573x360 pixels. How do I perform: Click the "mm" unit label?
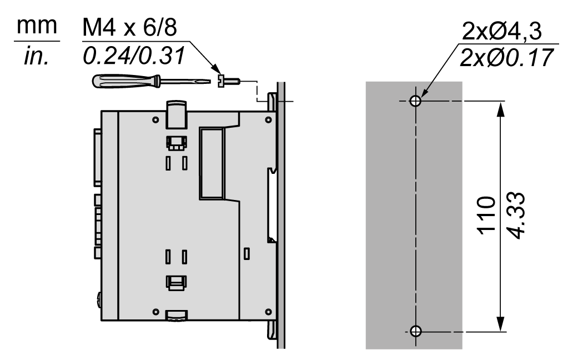pos(37,26)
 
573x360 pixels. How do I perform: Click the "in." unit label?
pos(36,57)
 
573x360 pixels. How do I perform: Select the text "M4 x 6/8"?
pos(130,27)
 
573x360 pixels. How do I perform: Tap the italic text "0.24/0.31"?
pos(134,56)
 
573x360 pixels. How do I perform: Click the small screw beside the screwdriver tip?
pos(228,81)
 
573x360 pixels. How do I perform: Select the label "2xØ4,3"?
pos(502,31)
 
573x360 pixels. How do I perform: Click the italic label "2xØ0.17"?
pos(506,58)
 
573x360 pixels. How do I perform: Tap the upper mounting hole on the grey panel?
pos(415,101)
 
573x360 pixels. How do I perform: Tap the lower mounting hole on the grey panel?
pos(415,331)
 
